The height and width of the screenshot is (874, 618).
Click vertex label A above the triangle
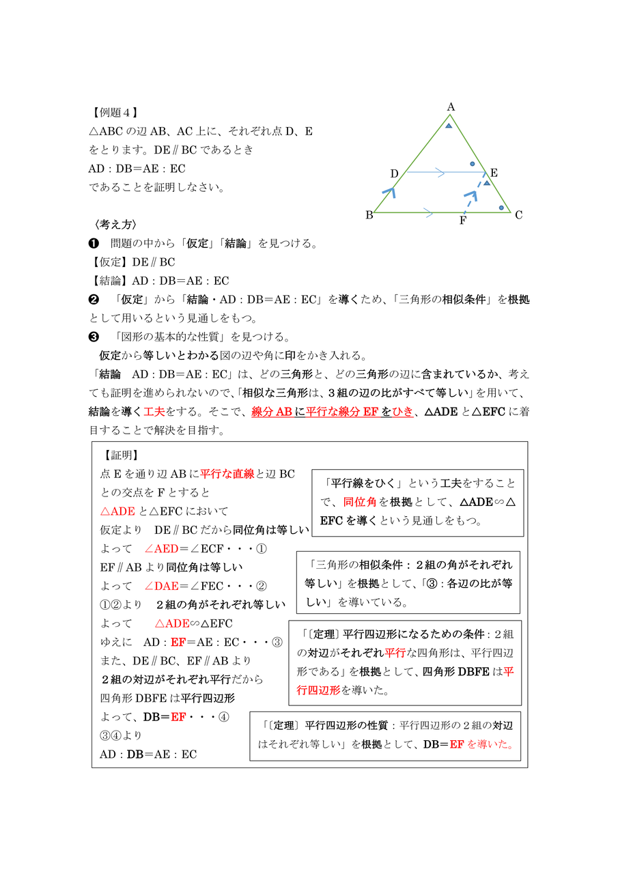pos(451,107)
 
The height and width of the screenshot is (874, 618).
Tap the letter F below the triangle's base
pos(463,221)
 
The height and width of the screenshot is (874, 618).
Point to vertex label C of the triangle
pos(519,215)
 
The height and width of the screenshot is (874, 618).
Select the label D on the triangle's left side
pos(394,174)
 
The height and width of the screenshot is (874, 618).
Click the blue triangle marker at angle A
pos(449,126)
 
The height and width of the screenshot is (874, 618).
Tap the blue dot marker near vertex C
pos(501,208)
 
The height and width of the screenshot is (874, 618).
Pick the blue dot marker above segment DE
pos(472,165)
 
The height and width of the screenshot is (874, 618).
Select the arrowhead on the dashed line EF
pos(470,196)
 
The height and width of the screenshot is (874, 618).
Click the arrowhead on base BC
pos(427,213)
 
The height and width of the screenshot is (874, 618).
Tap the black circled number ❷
pos(94,299)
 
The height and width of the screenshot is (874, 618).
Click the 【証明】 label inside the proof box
pos(122,455)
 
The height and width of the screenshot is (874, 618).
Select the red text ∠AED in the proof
pos(161,548)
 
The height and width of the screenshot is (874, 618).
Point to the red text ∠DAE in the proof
pos(161,586)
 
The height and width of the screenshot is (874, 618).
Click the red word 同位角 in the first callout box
pos(355,502)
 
